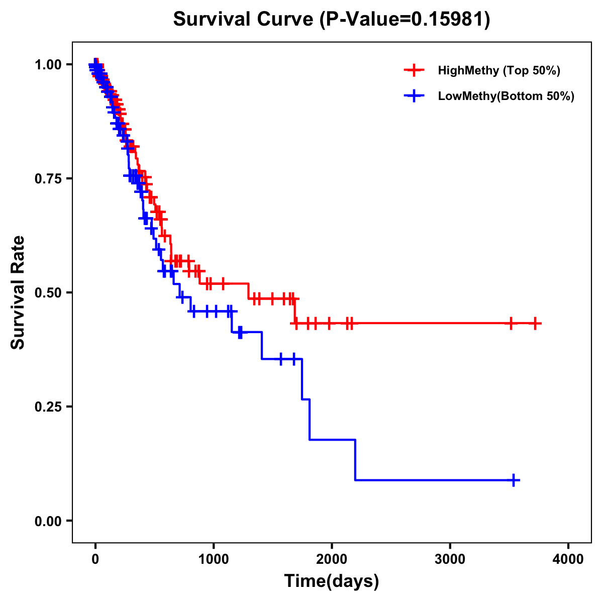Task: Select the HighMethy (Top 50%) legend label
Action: tap(498, 70)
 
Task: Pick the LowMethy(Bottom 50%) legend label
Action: tap(506, 96)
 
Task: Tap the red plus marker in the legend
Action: tap(414, 70)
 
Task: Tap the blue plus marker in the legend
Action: tap(414, 96)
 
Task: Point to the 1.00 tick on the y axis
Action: tap(48, 64)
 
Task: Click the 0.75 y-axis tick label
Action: tap(48, 178)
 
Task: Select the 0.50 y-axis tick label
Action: tap(48, 292)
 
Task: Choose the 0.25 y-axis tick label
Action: tap(48, 407)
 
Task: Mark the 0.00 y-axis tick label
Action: tap(48, 521)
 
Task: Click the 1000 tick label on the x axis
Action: tap(214, 559)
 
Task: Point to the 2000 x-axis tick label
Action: tap(332, 559)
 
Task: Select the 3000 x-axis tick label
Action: tap(450, 559)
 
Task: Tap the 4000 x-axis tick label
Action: tap(568, 559)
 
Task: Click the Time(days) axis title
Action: tap(332, 581)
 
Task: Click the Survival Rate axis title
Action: tap(18, 292)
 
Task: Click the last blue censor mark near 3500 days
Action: tap(514, 480)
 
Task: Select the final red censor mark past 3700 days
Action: tap(535, 323)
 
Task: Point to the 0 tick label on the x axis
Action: tap(95, 559)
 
